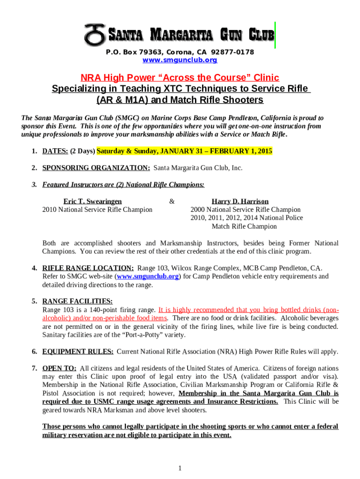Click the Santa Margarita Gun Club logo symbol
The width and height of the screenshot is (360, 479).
[95, 34]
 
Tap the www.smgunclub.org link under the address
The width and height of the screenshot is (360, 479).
[180, 60]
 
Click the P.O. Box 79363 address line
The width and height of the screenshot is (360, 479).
[180, 52]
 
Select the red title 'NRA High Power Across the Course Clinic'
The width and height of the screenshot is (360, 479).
[180, 77]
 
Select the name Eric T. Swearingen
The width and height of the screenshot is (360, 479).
[93, 201]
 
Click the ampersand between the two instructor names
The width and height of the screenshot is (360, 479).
[172, 201]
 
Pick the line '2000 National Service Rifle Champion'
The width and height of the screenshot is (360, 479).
[245, 210]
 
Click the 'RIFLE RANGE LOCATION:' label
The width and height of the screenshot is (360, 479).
[88, 268]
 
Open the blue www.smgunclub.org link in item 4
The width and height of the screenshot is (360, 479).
[148, 276]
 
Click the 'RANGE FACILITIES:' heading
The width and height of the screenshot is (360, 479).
[77, 301]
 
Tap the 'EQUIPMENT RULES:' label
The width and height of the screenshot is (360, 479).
[78, 351]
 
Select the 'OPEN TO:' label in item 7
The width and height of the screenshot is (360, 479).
[59, 368]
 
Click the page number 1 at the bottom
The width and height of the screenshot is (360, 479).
[180, 468]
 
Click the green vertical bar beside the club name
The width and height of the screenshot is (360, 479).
[275, 35]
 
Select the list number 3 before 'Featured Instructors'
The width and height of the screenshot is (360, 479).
[34, 184]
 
